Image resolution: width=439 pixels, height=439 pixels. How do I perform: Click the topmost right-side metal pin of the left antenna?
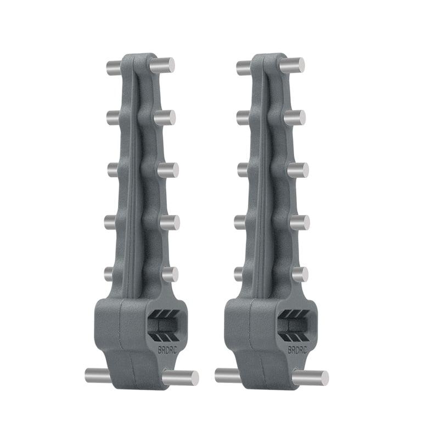click(163, 65)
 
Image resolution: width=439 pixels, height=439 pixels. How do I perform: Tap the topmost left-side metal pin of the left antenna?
click(114, 69)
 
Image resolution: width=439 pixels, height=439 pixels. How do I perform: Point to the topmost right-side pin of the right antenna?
click(293, 65)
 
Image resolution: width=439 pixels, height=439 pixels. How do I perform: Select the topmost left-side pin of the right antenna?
click(244, 69)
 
